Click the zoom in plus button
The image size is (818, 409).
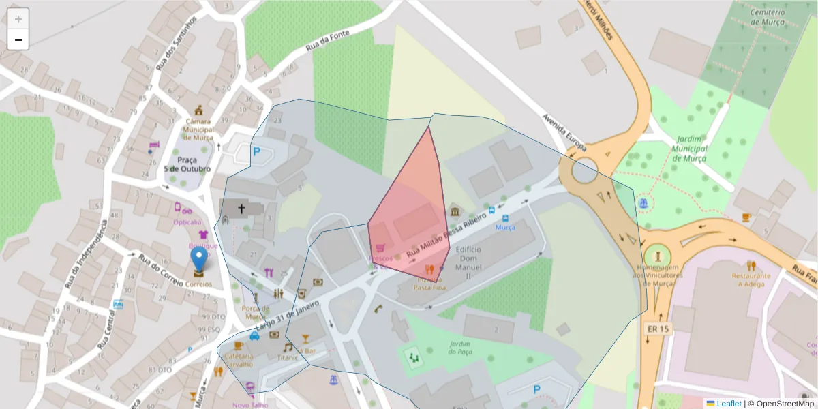[18, 19]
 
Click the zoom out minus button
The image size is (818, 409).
[18, 40]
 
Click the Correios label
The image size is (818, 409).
[199, 284]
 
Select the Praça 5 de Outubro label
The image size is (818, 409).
[187, 164]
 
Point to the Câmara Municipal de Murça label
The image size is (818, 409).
[199, 129]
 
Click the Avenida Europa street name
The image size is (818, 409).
[564, 132]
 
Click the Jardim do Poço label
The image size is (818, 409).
[459, 348]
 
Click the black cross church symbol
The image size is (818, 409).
[241, 208]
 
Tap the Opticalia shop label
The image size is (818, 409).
[187, 222]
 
